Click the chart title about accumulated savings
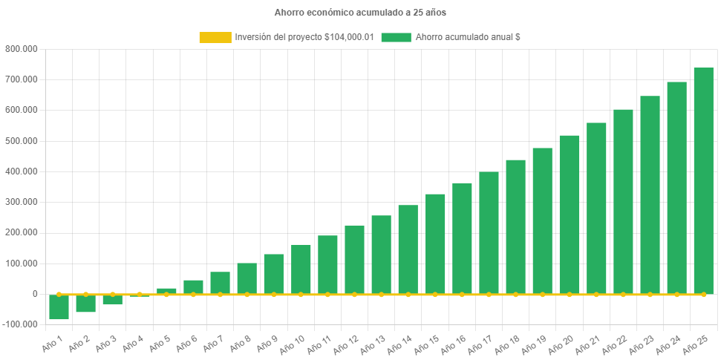360,13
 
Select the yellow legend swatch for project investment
215,37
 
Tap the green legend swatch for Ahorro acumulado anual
396,37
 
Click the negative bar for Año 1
59,307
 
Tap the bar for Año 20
569,215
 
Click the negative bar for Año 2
85,303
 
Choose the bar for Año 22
623,201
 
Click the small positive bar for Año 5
166,291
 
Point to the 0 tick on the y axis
34,294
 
